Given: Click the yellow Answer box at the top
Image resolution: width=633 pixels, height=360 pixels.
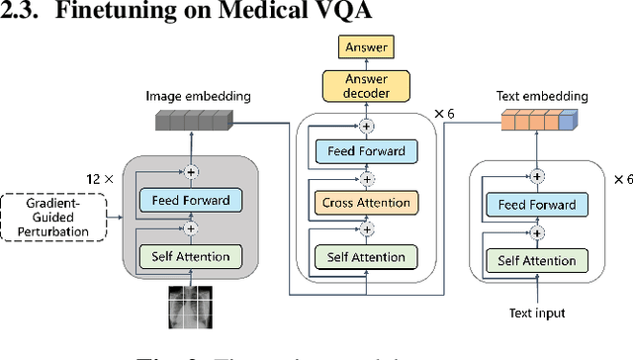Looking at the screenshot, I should [366, 46].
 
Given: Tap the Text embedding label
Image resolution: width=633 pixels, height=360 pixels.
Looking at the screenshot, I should [542, 96].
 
